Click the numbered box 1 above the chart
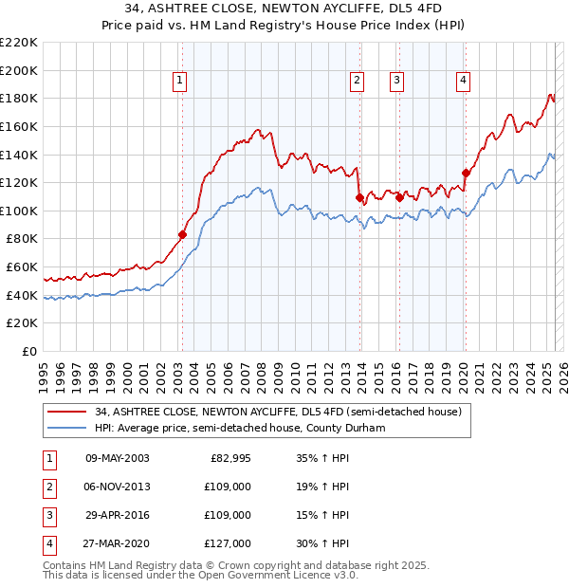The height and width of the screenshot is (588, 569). pyautogui.click(x=179, y=81)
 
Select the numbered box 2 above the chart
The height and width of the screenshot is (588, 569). pyautogui.click(x=357, y=81)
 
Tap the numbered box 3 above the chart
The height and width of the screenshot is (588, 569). pyautogui.click(x=395, y=81)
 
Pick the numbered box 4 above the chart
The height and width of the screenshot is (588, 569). pyautogui.click(x=463, y=81)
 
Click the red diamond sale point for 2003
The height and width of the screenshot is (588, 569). pyautogui.click(x=182, y=234)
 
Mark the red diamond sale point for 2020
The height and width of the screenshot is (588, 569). pyautogui.click(x=466, y=173)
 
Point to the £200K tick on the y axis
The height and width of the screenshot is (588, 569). pyautogui.click(x=20, y=70)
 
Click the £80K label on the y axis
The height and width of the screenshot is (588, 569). pyautogui.click(x=23, y=239)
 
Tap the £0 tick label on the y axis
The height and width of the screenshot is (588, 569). pyautogui.click(x=29, y=351)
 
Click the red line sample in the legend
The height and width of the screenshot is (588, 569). pyautogui.click(x=65, y=413)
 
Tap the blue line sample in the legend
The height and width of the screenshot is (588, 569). pyautogui.click(x=65, y=429)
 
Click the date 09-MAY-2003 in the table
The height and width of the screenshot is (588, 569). pyautogui.click(x=118, y=458)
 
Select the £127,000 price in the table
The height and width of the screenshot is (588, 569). pyautogui.click(x=228, y=543)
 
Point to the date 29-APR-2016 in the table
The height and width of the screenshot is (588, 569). pyautogui.click(x=118, y=515)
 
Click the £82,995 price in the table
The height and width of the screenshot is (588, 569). pyautogui.click(x=230, y=458)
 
